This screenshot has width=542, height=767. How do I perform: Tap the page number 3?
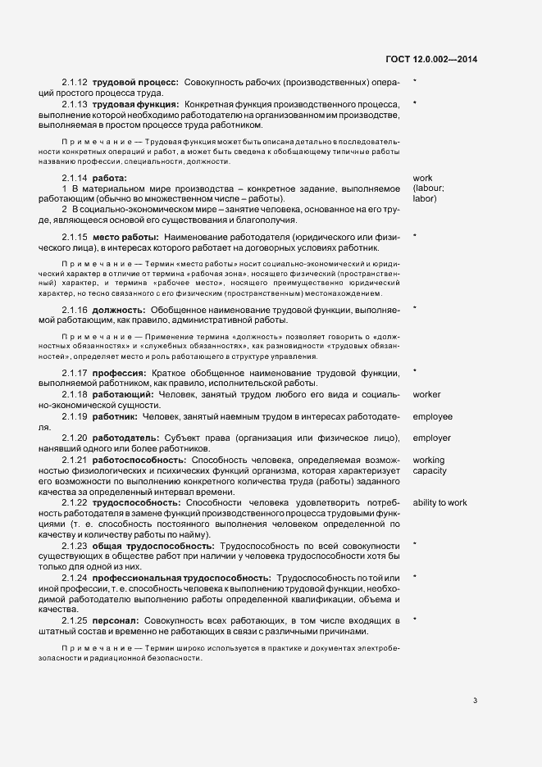476,677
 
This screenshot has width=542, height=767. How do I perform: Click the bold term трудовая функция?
137,104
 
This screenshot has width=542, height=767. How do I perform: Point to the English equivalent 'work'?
422,178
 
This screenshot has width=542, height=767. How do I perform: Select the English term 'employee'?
432,417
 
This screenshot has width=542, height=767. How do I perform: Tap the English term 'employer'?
431,438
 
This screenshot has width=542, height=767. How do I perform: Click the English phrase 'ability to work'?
440,502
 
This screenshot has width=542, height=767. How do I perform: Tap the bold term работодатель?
127,438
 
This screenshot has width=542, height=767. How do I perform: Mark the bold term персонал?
116,620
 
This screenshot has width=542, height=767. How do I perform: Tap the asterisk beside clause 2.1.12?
415,81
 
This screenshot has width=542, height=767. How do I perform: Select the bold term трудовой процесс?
135,83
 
